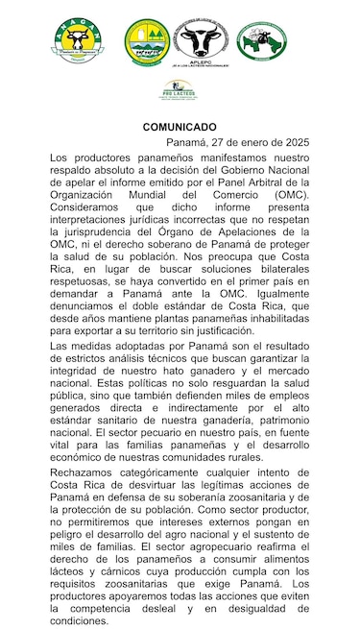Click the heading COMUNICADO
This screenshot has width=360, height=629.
(180, 127)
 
